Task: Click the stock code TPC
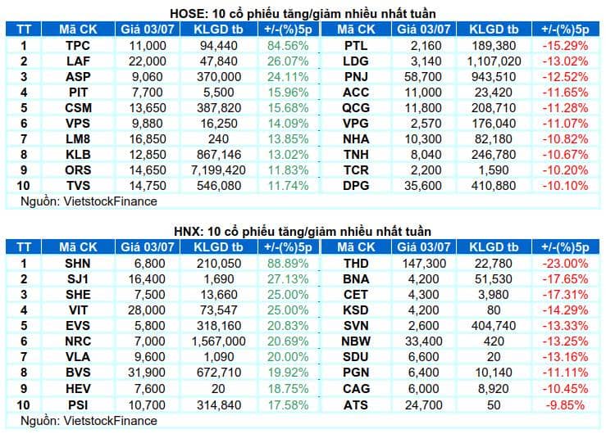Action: pos(78,46)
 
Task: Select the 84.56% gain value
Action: pos(288,46)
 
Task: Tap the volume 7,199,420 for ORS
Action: pos(218,170)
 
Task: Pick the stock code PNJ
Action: pos(356,77)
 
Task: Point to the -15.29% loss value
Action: pos(565,46)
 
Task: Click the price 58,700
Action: pos(423,77)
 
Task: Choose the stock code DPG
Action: pos(356,186)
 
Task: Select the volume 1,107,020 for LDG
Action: pos(494,61)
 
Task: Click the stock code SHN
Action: pos(78,264)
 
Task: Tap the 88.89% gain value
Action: pos(288,264)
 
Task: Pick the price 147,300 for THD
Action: pos(424,264)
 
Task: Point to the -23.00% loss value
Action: pos(565,264)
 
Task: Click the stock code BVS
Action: pos(78,373)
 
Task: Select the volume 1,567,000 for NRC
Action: pos(218,341)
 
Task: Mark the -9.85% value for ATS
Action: pos(565,405)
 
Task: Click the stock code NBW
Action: pos(356,341)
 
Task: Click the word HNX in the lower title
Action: pos(188,232)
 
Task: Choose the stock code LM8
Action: pos(78,139)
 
